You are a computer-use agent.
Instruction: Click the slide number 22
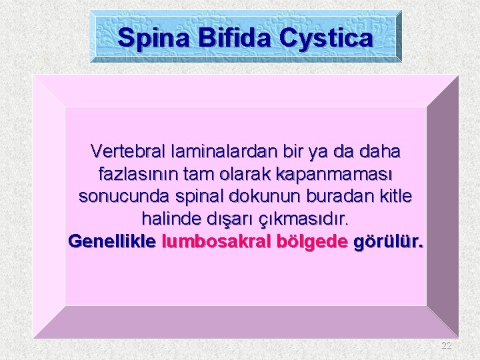[446, 345]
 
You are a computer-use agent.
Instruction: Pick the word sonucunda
[117, 197]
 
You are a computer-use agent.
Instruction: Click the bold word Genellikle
[112, 241]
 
